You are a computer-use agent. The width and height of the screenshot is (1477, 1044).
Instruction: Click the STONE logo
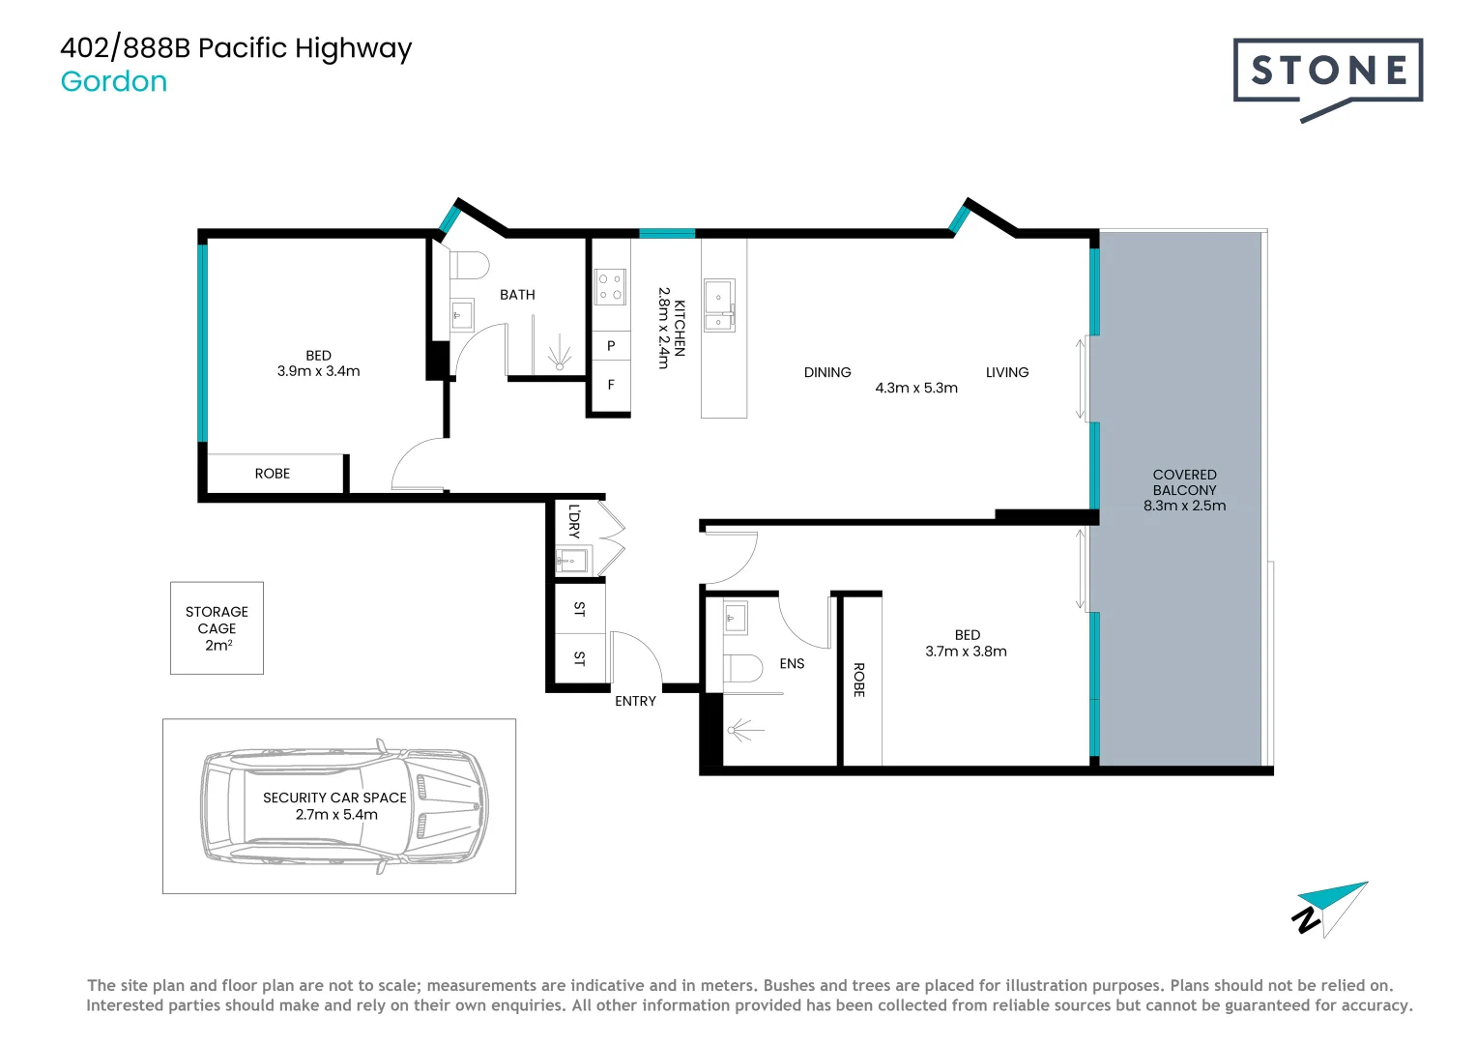(x=1327, y=72)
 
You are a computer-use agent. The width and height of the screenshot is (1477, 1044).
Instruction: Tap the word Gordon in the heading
(x=114, y=82)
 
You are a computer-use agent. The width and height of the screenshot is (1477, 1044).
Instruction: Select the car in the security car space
(x=344, y=806)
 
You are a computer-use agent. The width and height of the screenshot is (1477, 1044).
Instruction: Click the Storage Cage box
(x=217, y=627)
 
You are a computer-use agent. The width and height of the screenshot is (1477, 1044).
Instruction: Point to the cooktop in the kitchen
(x=609, y=286)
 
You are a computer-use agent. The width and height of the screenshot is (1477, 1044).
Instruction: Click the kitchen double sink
(x=718, y=305)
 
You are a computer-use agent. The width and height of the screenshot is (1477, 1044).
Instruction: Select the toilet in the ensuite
(x=742, y=668)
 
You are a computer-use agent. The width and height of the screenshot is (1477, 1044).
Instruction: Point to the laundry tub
(x=572, y=561)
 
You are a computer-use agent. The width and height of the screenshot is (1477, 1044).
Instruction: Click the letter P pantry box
(x=611, y=346)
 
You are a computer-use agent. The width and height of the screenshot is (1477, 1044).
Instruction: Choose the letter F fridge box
(x=611, y=385)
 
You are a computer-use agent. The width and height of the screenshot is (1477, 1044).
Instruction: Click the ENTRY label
(x=635, y=702)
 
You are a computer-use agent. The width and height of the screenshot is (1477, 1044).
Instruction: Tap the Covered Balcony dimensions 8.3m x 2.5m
(x=1184, y=506)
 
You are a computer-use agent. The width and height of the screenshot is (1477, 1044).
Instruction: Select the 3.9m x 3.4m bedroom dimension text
(x=318, y=371)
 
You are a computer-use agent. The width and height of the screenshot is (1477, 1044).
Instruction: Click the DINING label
(x=827, y=372)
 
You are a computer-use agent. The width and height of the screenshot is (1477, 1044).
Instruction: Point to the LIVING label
(x=1006, y=372)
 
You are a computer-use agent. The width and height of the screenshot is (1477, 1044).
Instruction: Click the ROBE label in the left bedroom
(x=273, y=474)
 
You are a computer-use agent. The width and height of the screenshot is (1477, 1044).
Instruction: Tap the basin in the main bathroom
(x=462, y=314)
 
